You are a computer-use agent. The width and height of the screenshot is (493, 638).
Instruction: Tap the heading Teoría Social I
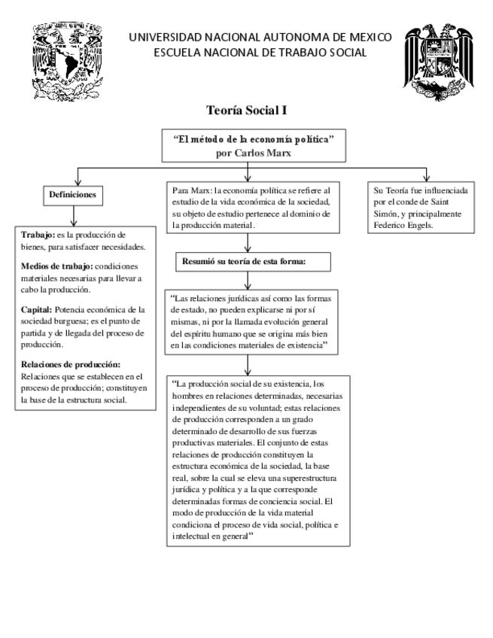coord(246,111)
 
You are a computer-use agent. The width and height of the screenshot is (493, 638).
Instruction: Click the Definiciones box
coord(72,193)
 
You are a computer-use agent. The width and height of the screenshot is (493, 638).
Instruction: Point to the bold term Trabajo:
coord(38,234)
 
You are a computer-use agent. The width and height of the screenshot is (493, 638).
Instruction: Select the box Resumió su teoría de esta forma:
coord(246,262)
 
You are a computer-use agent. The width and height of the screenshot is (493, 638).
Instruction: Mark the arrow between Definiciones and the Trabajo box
coord(72,218)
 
